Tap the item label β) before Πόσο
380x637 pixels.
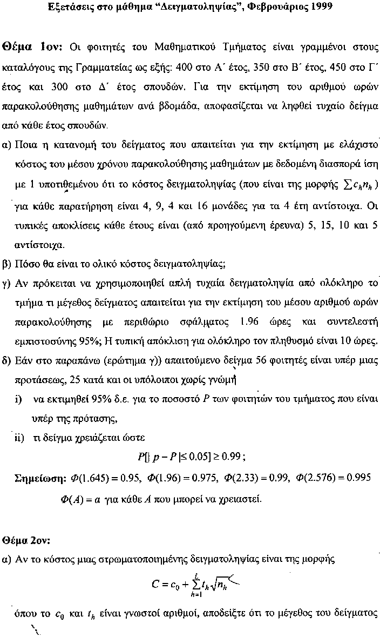7,264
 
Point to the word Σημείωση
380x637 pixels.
38,478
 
